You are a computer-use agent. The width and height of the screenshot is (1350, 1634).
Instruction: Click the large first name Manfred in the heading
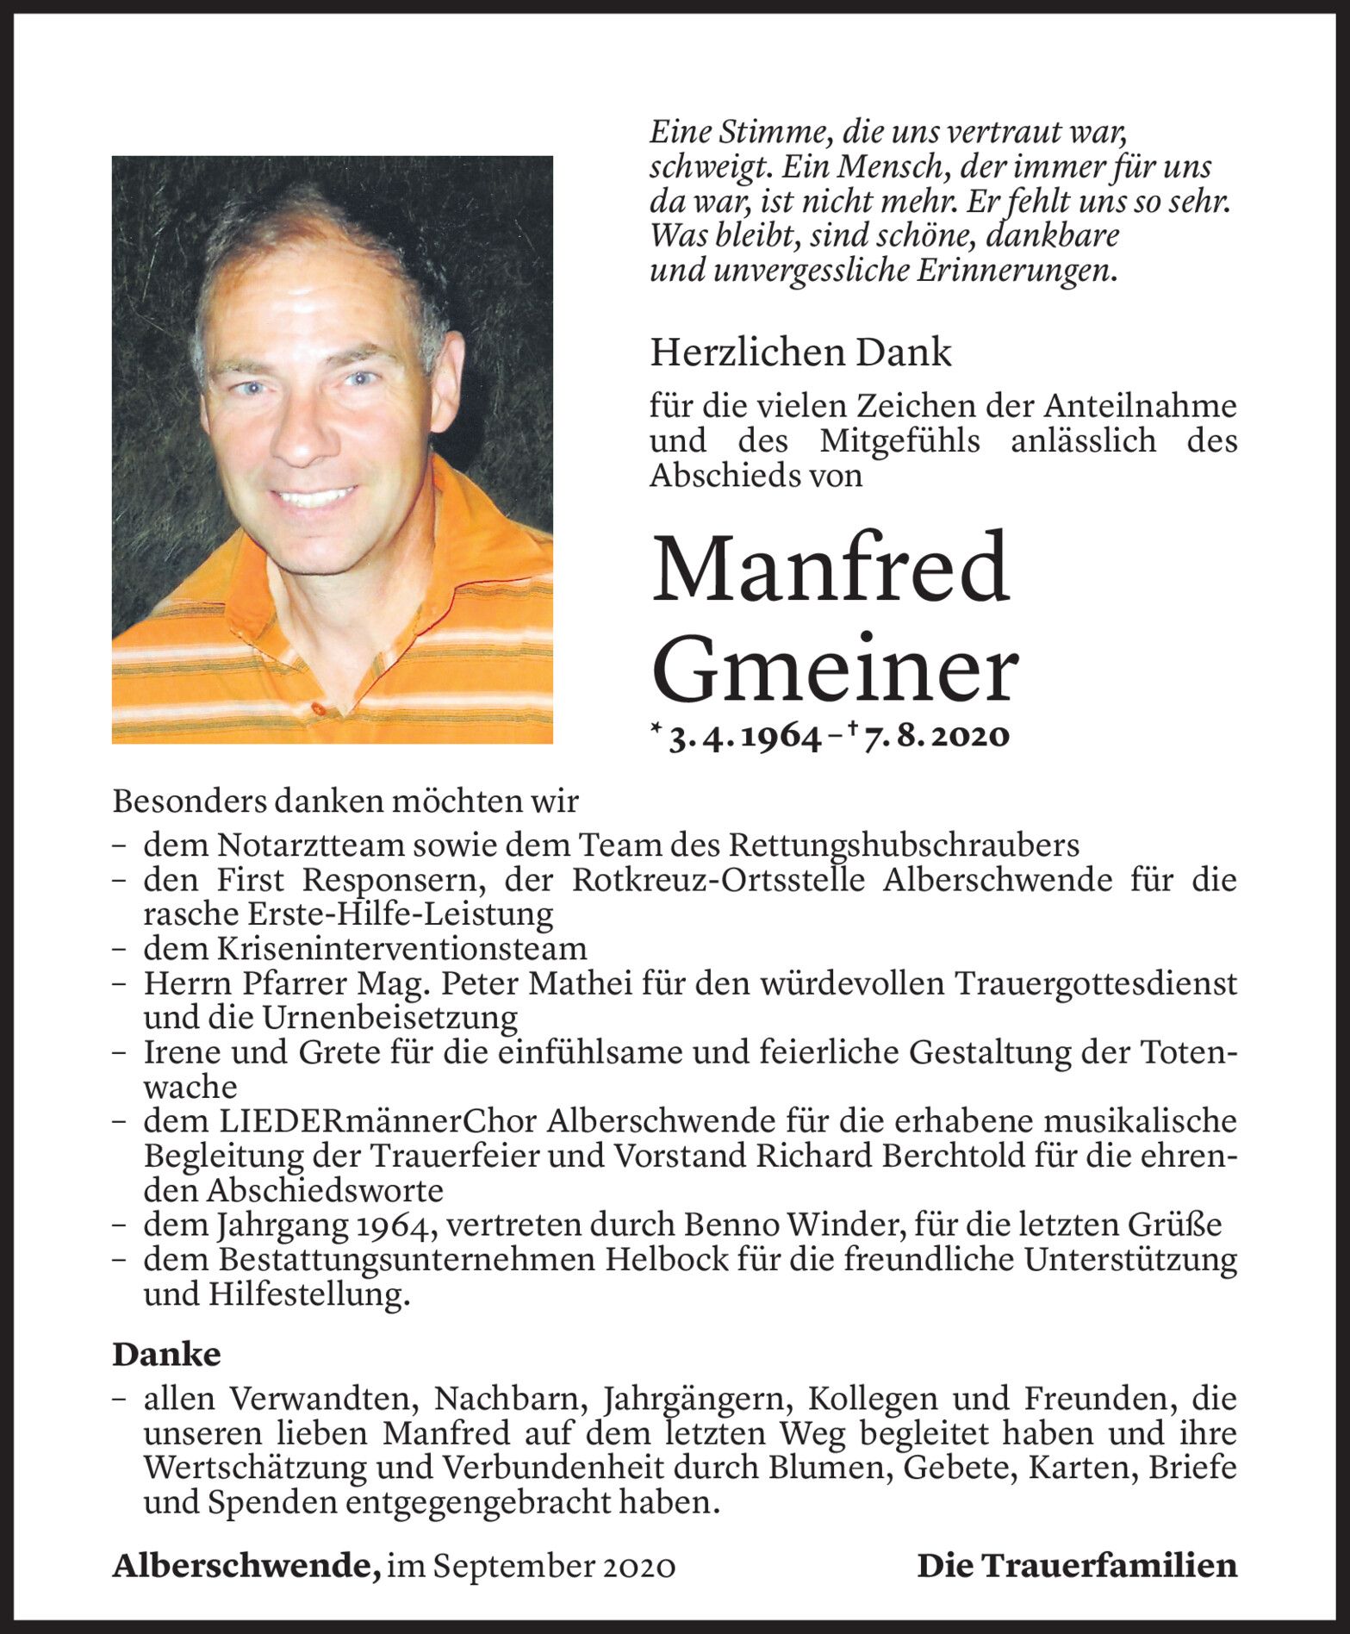click(x=831, y=570)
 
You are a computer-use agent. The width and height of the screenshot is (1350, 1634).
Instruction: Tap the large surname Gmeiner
click(x=835, y=671)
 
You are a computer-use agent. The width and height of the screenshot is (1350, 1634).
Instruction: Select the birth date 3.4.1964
click(x=743, y=737)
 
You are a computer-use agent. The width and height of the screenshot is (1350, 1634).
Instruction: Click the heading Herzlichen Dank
click(x=800, y=352)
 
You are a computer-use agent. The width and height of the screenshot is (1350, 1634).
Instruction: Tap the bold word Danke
click(x=166, y=1354)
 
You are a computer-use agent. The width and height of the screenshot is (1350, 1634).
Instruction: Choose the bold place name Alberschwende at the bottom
click(x=246, y=1565)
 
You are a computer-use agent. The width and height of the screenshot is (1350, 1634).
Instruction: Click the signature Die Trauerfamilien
click(x=1077, y=1565)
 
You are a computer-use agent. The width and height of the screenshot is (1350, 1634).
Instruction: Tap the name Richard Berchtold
click(x=895, y=1156)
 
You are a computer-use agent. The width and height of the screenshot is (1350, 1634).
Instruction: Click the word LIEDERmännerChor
click(x=378, y=1121)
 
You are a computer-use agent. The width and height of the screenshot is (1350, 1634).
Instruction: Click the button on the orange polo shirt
click(x=319, y=708)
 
